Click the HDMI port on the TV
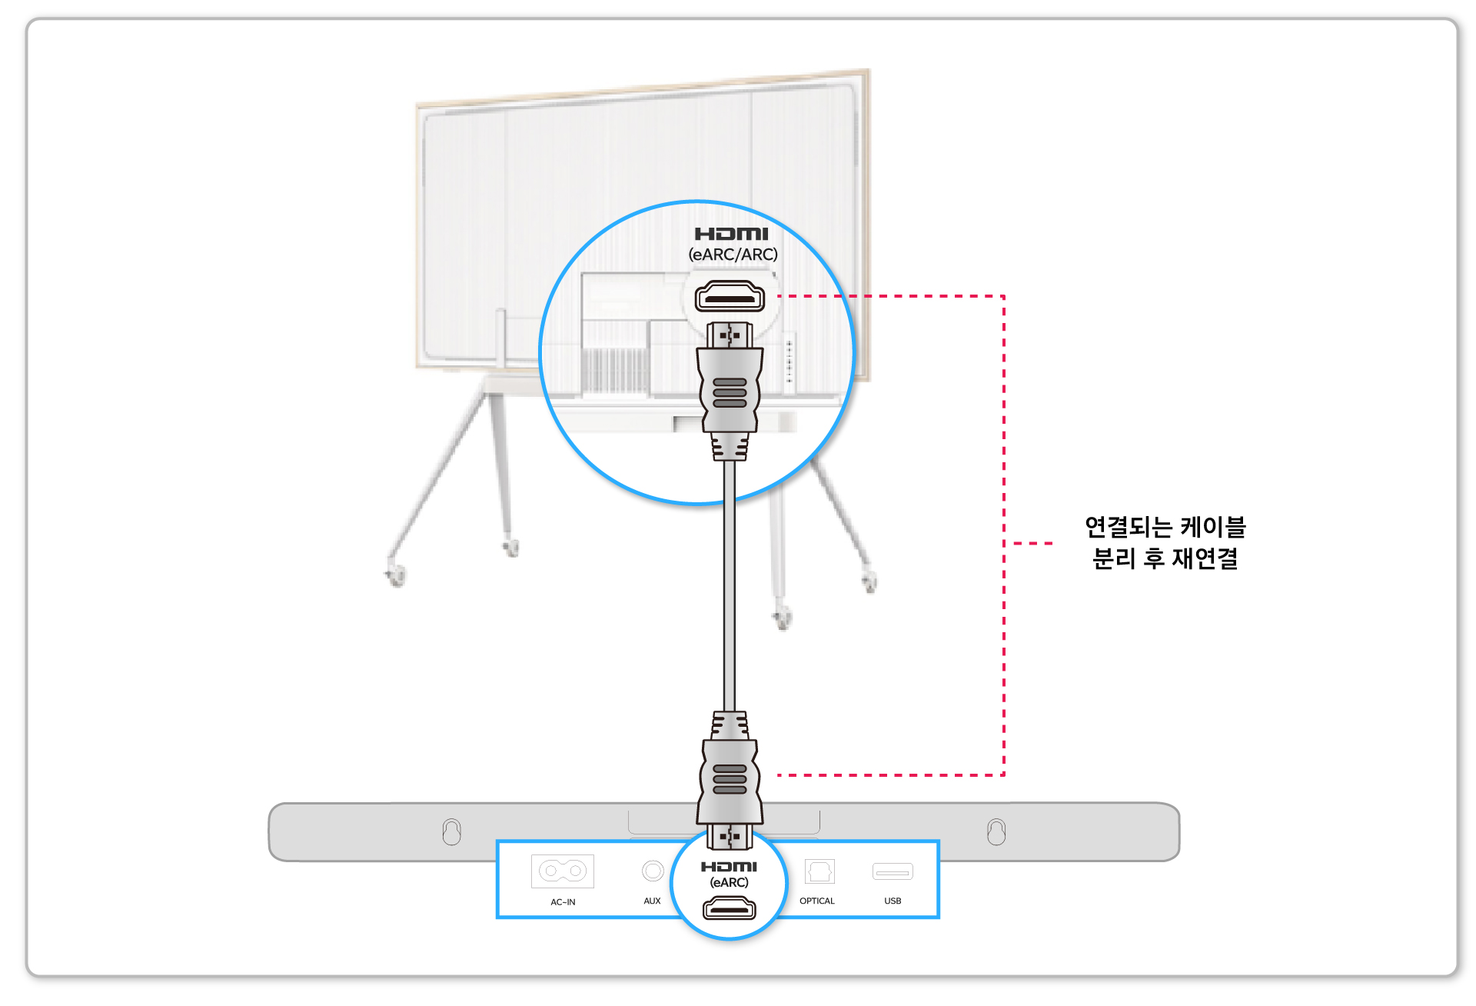click(730, 297)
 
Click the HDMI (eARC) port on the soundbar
click(729, 909)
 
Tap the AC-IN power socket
click(563, 871)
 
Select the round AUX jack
click(653, 871)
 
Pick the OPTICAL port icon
click(819, 871)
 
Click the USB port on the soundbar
click(893, 871)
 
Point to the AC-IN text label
click(563, 902)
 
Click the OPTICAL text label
click(817, 901)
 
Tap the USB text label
click(893, 901)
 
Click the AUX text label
click(652, 901)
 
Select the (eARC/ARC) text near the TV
click(733, 255)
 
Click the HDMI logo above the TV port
click(731, 234)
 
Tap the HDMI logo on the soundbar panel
click(729, 867)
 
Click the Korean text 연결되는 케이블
click(1165, 527)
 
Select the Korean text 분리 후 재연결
click(1165, 558)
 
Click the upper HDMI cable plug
click(730, 391)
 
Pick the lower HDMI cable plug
click(730, 780)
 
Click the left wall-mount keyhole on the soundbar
click(452, 831)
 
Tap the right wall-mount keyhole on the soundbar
click(996, 831)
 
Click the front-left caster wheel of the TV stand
click(397, 575)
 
